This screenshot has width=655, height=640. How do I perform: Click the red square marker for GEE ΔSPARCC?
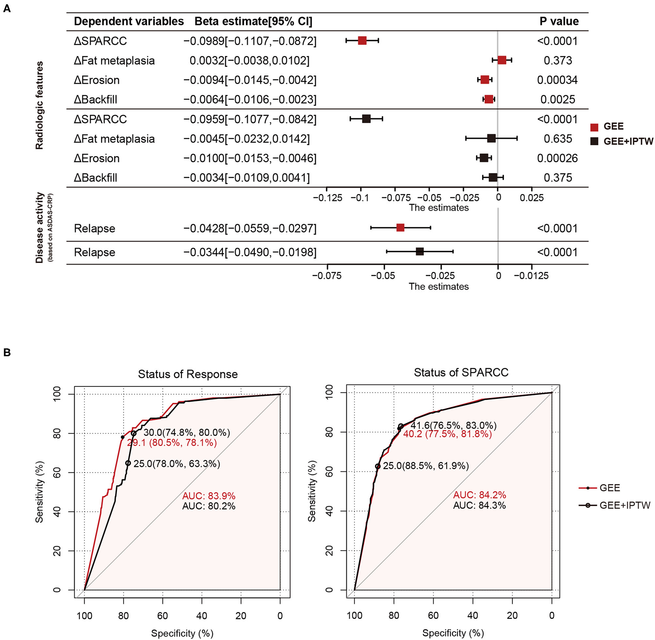pos(362,41)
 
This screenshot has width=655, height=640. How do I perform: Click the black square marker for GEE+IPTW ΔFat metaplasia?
pos(491,139)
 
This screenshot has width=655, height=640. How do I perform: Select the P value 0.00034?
pos(557,80)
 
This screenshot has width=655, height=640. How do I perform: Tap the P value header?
pos(559,21)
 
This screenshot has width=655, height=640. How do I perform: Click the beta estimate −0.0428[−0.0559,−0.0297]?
pos(250,228)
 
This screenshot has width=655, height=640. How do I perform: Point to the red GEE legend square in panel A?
pos(594,127)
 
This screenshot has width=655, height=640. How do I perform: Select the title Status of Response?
pos(188,374)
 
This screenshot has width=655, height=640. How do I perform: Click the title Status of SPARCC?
pos(461,372)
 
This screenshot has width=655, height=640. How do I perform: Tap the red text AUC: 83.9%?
pos(208,496)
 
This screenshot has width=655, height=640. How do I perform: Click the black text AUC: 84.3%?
pos(479,505)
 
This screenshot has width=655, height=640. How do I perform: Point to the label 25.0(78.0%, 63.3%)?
pos(177,464)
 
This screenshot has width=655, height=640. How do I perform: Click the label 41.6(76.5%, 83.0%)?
pos(453,426)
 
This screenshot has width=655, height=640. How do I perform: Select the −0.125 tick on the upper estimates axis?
pos(327,198)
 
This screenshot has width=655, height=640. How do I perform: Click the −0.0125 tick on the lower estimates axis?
pos(531,276)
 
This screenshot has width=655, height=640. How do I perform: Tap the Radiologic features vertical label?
pos(39,105)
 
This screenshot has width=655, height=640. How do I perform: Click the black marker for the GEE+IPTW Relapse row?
pos(420,252)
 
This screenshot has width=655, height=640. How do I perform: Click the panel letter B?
pos(7,352)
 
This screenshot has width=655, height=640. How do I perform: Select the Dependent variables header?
pos(129,21)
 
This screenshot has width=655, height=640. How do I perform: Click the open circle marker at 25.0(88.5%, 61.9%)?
pos(378,467)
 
